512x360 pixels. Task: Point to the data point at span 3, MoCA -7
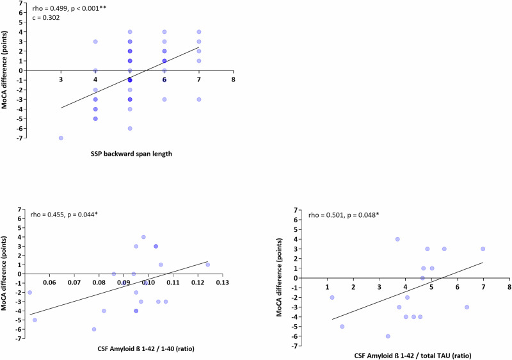click(61, 138)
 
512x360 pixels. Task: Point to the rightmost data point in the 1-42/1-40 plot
click(207, 265)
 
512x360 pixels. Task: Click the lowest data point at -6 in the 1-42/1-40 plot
click(94, 329)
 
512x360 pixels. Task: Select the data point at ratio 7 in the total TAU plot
click(483, 249)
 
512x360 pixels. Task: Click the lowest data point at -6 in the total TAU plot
click(388, 336)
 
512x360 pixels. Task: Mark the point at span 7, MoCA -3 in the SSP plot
click(199, 99)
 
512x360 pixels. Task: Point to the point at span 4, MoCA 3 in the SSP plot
click(95, 42)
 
